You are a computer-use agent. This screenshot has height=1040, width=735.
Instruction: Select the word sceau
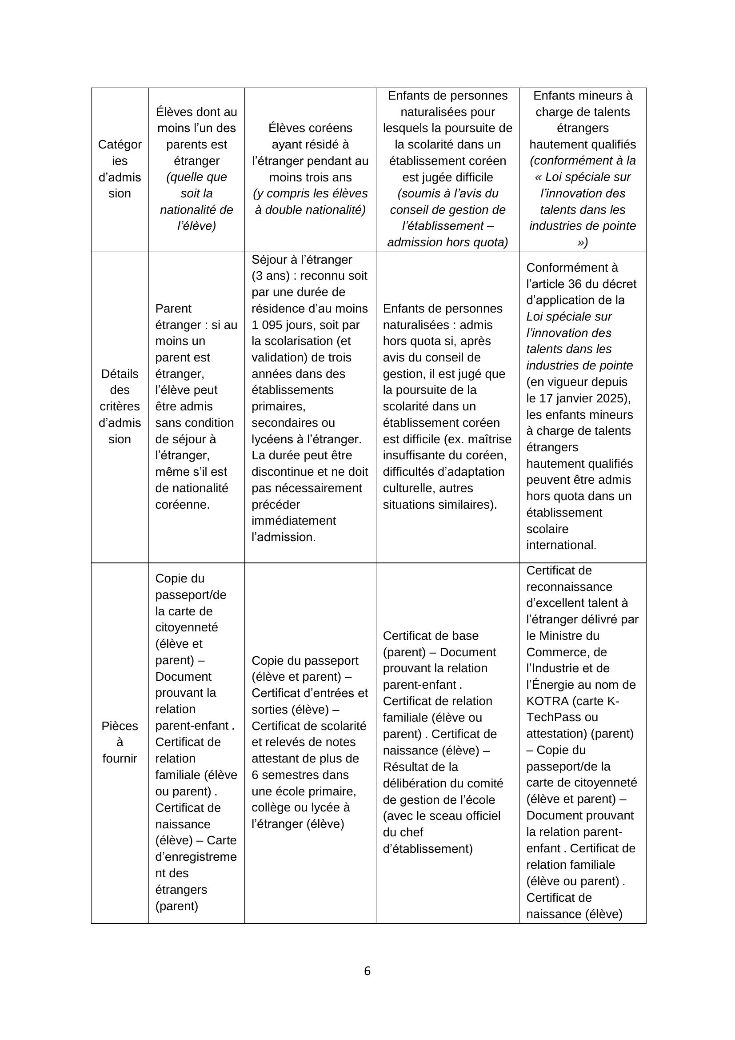(439, 816)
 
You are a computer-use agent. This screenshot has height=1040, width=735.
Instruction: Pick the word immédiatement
(294, 521)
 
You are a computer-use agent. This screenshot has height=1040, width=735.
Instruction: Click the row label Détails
(120, 373)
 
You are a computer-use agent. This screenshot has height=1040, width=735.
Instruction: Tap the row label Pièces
(120, 726)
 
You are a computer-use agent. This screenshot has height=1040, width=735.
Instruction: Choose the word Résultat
(408, 767)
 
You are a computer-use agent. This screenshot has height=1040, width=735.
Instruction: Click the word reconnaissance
(569, 586)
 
